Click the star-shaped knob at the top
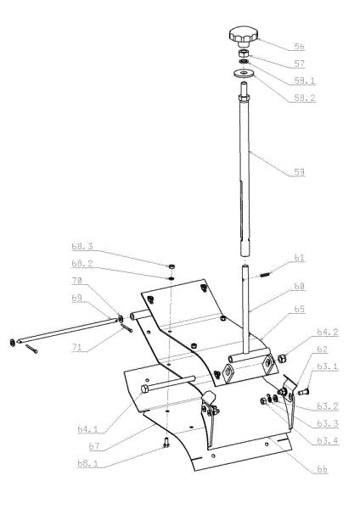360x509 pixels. pos(244,36)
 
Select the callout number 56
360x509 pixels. pos(299,47)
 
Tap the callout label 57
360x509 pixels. pos(299,64)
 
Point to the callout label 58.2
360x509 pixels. pos(305,98)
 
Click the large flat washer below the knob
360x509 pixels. pos(244,73)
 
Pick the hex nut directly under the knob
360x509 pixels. pos(244,53)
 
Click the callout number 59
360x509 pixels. pos(299,172)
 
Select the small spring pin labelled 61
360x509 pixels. pos(265,275)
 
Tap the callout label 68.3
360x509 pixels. pos(82,246)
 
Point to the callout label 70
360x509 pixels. pos(77,281)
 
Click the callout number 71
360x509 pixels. pos(77,347)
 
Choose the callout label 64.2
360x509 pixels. pos(328,332)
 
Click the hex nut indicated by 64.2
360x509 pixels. pos(282,358)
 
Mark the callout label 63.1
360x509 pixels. pos(328,366)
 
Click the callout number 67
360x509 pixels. pos(94,446)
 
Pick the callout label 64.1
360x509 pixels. pos(87,429)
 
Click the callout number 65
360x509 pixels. pos(299,309)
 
